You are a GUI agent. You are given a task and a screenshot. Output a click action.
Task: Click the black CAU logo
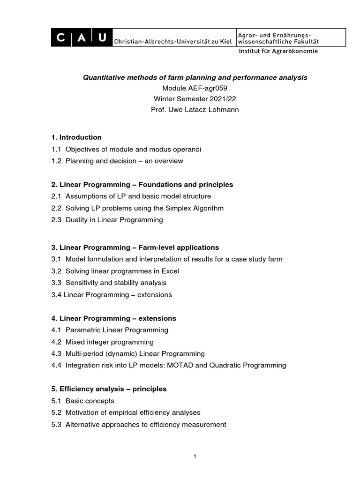point(81,37)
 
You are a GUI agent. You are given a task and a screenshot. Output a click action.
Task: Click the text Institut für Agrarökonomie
point(278,51)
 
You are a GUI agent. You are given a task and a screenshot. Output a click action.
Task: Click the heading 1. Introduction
point(76,137)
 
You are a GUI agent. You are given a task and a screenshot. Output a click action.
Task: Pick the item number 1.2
point(56,161)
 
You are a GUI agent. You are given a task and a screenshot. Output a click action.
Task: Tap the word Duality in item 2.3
point(77,219)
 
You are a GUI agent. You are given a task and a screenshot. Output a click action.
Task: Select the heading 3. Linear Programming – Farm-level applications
point(135,247)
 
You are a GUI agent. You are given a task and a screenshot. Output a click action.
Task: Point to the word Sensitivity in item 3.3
point(82,283)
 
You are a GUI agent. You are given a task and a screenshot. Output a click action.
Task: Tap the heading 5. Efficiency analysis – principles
point(109,389)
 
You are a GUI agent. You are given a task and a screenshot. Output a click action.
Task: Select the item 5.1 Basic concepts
point(83,401)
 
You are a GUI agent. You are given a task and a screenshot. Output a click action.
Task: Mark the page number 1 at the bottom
point(194,457)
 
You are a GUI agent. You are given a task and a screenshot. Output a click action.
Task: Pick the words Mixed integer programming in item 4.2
point(109,342)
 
